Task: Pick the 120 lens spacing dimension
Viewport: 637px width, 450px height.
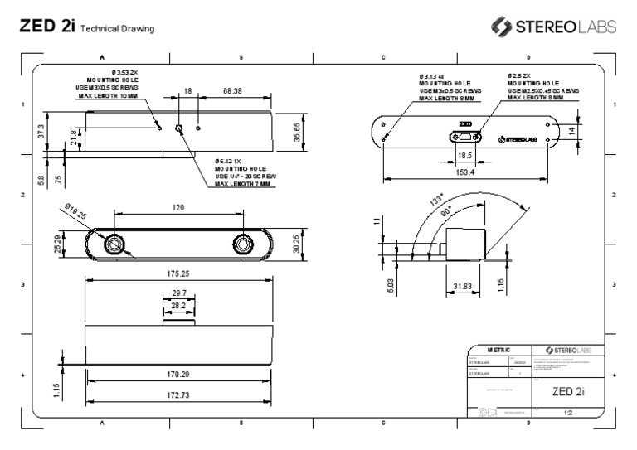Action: (178, 208)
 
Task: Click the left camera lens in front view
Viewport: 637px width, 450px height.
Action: (113, 244)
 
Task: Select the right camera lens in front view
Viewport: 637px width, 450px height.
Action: (243, 244)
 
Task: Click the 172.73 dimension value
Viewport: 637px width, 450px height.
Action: (178, 395)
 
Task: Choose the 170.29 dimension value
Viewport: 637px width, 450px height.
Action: (178, 375)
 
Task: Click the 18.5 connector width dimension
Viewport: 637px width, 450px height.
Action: (465, 155)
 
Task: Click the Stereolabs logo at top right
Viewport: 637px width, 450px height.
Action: (554, 27)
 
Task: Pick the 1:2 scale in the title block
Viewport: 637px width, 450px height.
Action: (568, 412)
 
